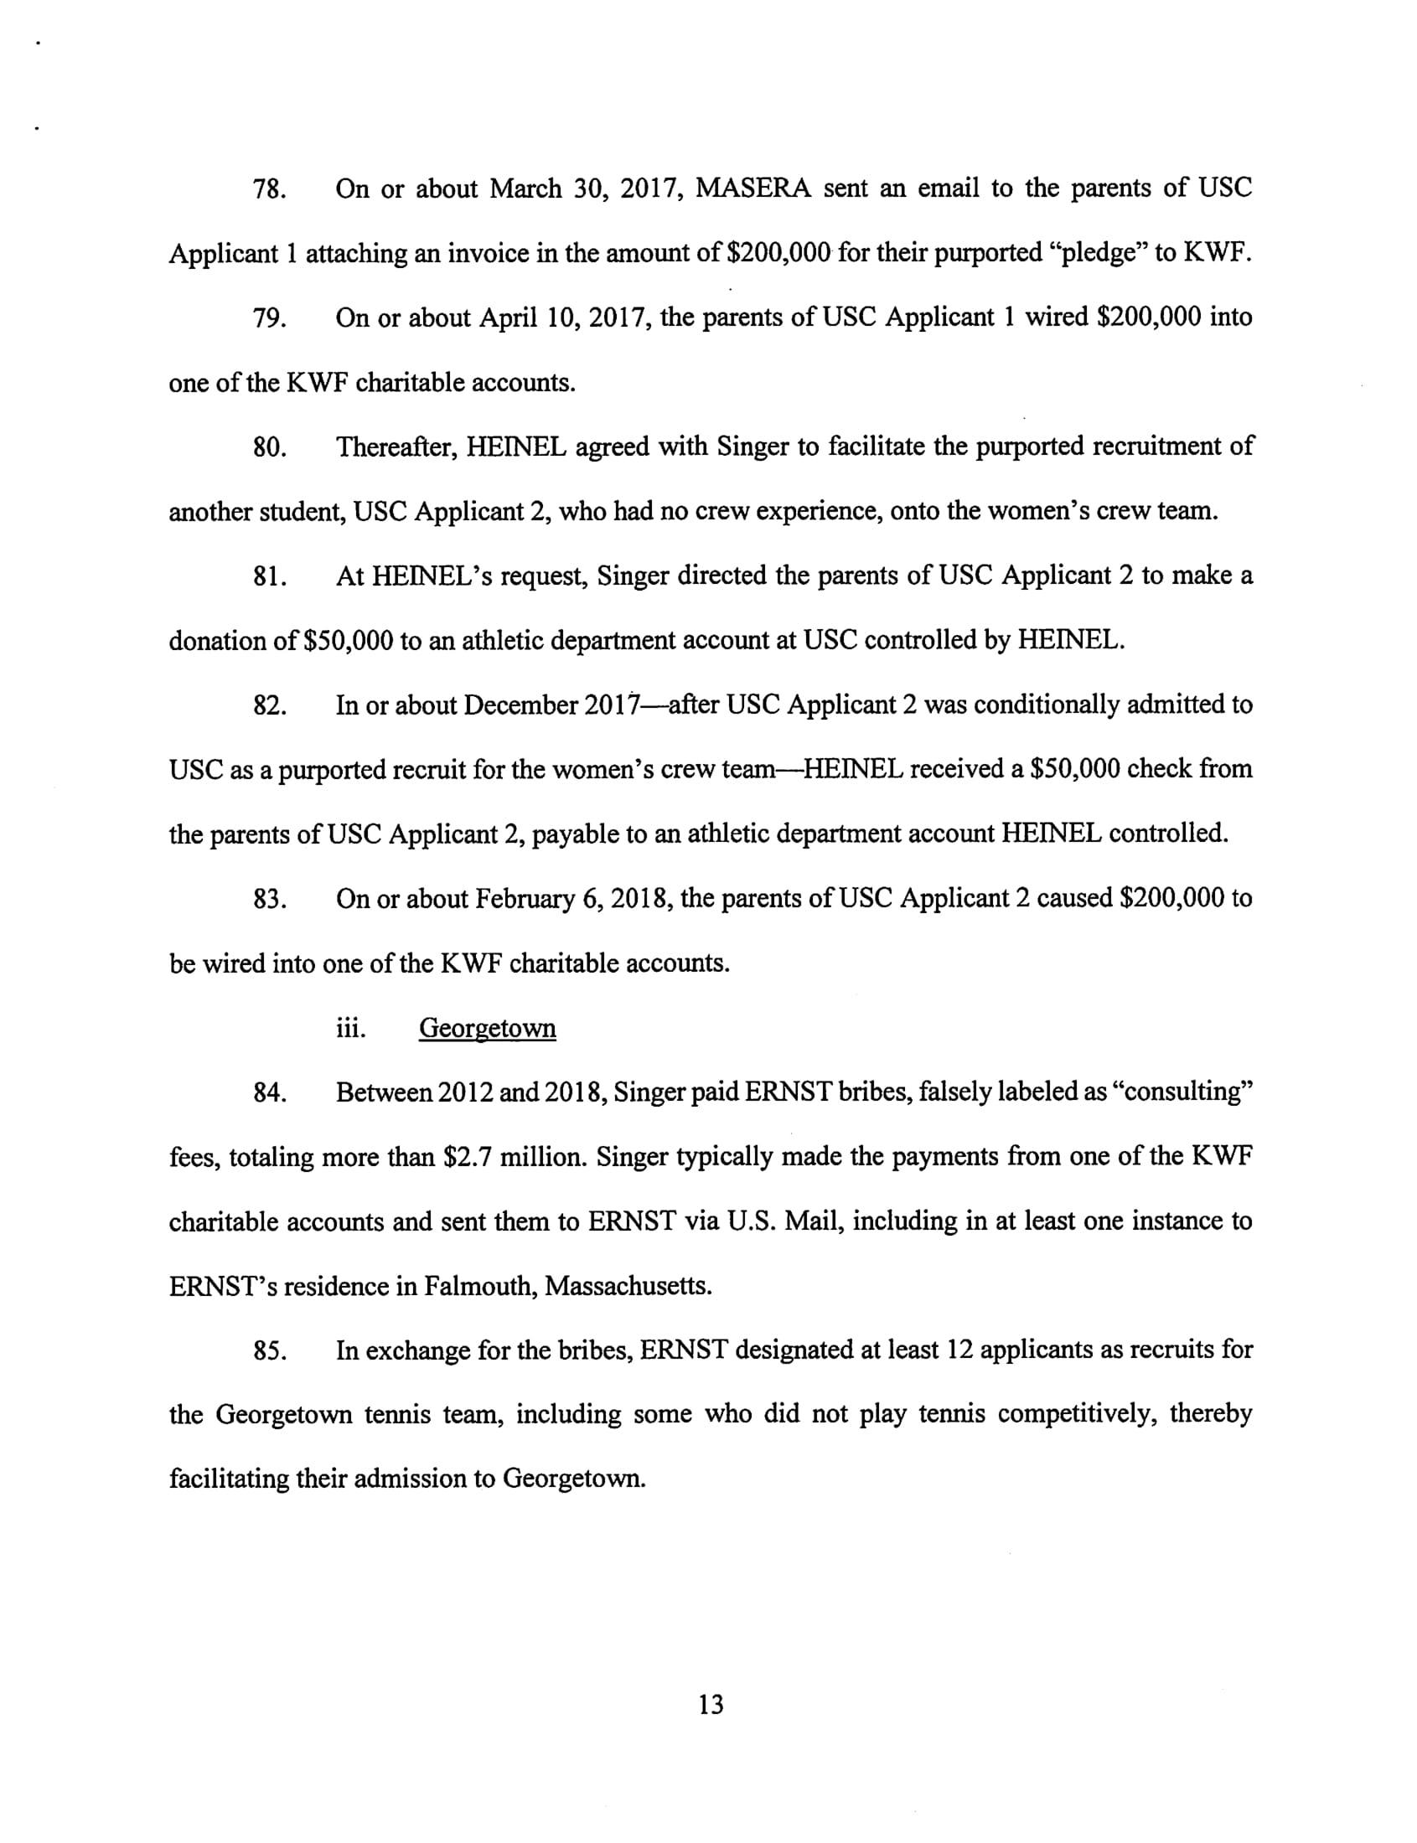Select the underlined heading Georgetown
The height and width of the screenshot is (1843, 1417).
(x=487, y=1029)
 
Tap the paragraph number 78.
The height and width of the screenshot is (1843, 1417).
(x=269, y=188)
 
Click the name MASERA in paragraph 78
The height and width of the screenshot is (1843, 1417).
(x=753, y=188)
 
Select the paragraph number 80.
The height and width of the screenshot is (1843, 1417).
(x=269, y=447)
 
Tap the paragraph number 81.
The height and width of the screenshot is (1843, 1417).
(x=269, y=576)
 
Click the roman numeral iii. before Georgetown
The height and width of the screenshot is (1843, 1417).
(x=350, y=1029)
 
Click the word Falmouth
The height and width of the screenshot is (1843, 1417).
(x=478, y=1287)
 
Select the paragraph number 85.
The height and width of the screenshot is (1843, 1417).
(x=269, y=1351)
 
